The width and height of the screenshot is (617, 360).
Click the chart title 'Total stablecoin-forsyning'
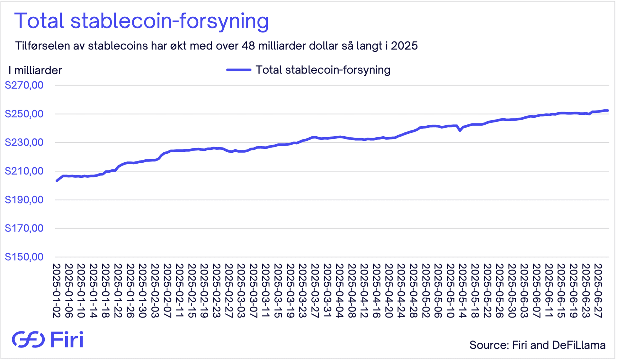coord(141,21)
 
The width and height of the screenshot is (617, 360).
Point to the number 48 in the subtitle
coord(248,46)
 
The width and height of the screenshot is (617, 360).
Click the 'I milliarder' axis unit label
coord(35,70)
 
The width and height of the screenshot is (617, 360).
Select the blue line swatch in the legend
coord(239,70)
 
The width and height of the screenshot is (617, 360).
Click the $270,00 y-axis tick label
coord(24,85)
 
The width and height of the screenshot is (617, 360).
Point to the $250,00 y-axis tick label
coord(24,114)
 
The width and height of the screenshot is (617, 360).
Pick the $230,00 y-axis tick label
coord(24,142)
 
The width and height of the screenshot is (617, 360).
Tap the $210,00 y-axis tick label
coord(24,171)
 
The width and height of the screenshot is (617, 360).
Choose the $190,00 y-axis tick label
coord(24,200)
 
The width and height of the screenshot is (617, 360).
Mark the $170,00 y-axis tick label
coord(24,228)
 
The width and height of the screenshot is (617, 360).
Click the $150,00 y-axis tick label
coord(24,257)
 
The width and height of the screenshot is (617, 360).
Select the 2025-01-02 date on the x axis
coord(57,291)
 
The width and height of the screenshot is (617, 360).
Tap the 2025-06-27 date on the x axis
coord(598,291)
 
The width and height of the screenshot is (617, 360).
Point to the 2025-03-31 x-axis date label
coord(327,291)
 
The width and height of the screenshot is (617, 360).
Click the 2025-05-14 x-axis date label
coord(462,291)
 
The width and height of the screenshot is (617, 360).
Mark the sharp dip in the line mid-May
coord(460,130)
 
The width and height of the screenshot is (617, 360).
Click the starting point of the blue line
coord(57,181)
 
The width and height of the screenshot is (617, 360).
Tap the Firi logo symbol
coord(28,339)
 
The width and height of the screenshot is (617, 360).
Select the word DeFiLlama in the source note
coord(578,345)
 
